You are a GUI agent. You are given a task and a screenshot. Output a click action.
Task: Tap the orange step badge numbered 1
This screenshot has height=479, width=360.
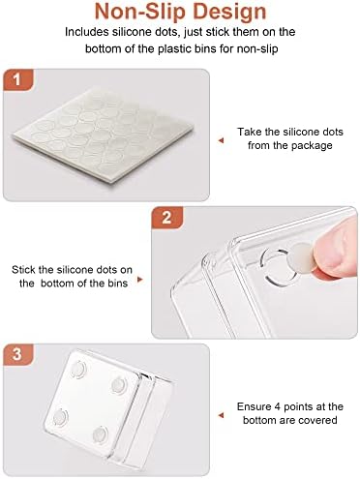point(18,79)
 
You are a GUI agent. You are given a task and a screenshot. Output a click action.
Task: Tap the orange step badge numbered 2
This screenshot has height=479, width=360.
point(166,218)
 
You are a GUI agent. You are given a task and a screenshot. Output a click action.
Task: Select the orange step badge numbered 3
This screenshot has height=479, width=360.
point(18,354)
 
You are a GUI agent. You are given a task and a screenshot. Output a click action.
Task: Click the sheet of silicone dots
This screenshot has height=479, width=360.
point(104,135)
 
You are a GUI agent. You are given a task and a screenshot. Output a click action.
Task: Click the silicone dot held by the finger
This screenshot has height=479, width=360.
point(302,257)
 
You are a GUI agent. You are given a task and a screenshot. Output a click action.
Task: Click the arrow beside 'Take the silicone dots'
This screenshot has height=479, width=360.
point(221,140)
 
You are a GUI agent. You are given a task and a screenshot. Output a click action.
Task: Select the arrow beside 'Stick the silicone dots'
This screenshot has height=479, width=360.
point(139,279)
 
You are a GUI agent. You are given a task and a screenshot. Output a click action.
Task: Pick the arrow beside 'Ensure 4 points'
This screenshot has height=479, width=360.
point(221,415)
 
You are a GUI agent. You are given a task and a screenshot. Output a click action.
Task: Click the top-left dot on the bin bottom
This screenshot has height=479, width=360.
point(78,370)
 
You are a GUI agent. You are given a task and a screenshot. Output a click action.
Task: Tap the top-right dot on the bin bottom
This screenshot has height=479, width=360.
point(119,385)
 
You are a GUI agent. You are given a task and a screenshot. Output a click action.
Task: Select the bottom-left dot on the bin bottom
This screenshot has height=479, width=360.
point(60,417)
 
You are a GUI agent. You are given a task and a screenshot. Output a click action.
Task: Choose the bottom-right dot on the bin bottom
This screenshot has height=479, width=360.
point(100,434)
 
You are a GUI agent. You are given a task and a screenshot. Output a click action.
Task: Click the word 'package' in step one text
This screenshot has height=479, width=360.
point(312,146)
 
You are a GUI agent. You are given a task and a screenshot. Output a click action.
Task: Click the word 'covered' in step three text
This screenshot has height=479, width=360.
point(317,420)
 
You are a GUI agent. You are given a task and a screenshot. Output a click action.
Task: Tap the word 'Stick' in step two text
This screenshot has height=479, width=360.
point(23,270)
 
